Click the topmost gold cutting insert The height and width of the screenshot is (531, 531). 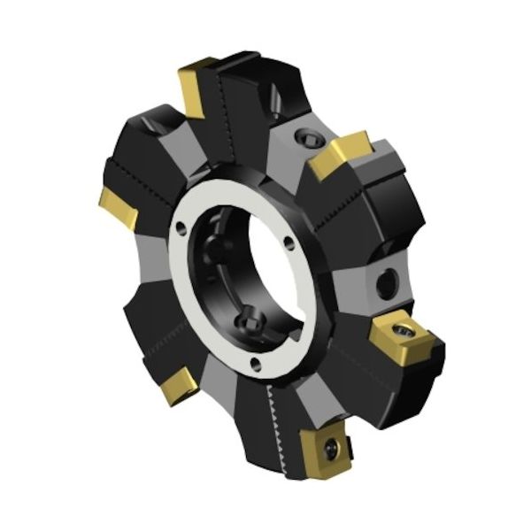pyautogui.click(x=195, y=86)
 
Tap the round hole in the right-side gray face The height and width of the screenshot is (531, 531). pyautogui.click(x=387, y=282)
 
